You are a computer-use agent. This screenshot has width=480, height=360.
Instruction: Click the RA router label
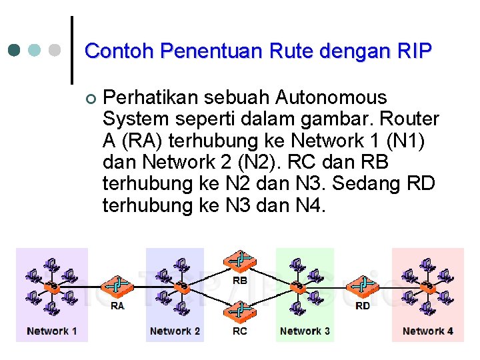point(117,306)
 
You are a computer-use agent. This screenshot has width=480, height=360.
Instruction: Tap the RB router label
point(240,281)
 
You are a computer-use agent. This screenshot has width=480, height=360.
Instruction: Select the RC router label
point(240,331)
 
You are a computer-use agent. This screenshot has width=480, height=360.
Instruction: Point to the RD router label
point(363,306)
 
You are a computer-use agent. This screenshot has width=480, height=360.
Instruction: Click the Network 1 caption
point(52,331)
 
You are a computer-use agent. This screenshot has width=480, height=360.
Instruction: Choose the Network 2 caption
point(175,331)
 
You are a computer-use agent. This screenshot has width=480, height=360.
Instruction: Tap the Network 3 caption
point(305,331)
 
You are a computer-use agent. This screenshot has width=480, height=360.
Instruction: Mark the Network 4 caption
point(428,331)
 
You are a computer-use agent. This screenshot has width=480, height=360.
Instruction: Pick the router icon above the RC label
point(240,311)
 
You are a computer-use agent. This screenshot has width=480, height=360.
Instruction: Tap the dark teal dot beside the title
point(15,50)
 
